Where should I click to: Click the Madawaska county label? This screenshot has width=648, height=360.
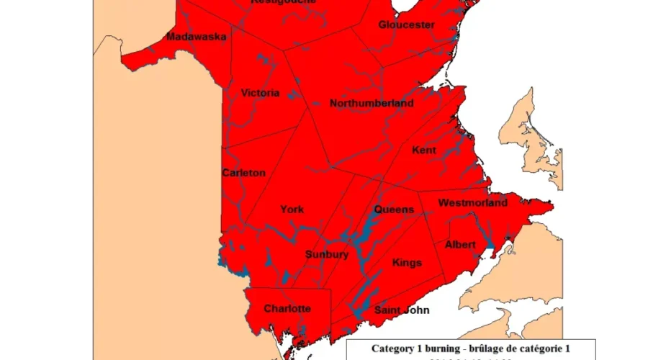click(x=197, y=37)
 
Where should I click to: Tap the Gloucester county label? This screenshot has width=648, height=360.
click(x=407, y=24)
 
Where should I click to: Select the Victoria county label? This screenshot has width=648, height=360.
click(x=260, y=93)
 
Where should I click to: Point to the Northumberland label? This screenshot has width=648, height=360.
click(x=372, y=104)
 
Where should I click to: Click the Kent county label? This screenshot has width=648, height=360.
click(x=424, y=150)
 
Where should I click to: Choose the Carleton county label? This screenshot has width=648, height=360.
click(x=244, y=173)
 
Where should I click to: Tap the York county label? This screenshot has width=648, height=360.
click(x=292, y=210)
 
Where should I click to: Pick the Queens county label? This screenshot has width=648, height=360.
click(x=394, y=210)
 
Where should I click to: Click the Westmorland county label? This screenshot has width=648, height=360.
click(x=472, y=202)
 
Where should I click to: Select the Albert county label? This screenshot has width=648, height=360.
click(x=460, y=245)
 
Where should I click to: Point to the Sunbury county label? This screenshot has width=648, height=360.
click(x=327, y=254)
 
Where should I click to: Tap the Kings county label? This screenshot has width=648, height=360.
click(x=407, y=263)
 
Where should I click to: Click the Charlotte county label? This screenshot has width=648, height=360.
click(x=287, y=309)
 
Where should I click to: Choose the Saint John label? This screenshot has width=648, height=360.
click(x=402, y=310)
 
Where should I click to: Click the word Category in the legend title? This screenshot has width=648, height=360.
click(x=395, y=348)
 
